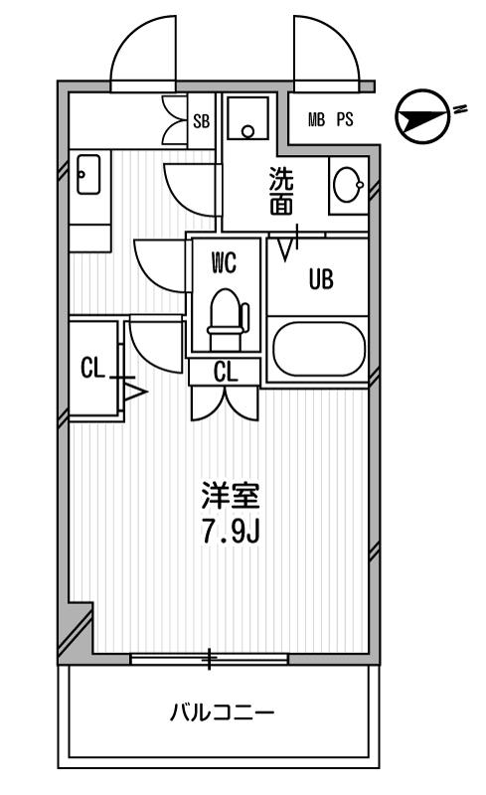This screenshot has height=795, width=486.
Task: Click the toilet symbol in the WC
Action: (228, 319)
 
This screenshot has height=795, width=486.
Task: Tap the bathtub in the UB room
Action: (319, 349)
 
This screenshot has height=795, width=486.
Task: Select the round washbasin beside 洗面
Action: (348, 185)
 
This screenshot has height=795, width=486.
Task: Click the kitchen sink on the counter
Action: (88, 174)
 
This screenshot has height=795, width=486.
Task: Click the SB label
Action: (202, 121)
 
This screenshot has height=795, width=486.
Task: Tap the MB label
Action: (316, 120)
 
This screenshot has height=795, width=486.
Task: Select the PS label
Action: (345, 120)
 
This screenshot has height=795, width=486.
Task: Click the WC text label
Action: (224, 263)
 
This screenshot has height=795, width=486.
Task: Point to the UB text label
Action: (321, 279)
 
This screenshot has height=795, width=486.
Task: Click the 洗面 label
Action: (281, 191)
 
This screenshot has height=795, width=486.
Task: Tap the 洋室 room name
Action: (231, 496)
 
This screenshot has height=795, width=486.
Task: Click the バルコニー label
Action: (222, 713)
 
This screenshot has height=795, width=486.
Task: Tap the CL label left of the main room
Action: (92, 368)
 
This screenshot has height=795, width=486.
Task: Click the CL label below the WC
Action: (226, 373)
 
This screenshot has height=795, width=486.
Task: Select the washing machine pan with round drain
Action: (247, 118)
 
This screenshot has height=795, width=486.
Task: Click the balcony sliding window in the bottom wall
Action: (209, 659)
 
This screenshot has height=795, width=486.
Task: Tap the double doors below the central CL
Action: (225, 403)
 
